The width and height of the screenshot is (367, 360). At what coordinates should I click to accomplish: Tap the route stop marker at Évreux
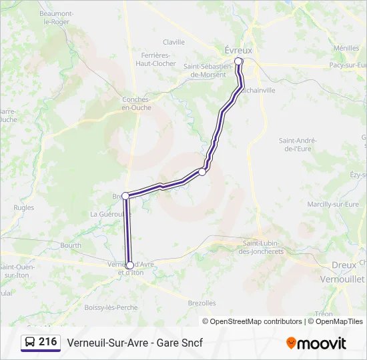point(238,62)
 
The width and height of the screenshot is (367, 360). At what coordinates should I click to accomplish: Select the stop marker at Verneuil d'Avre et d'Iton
point(129,265)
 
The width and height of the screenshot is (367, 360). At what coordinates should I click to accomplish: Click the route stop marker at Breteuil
point(125,196)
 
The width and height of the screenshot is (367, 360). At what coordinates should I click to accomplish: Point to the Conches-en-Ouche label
point(136,103)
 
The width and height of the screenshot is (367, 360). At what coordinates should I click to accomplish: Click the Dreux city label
point(344,265)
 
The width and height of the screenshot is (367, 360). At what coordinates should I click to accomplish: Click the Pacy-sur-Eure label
point(347,65)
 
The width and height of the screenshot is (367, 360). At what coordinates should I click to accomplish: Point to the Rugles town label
point(23,208)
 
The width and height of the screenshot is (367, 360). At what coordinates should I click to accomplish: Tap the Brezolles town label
point(202,303)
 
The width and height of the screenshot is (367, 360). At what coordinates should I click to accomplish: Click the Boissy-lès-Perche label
point(111,307)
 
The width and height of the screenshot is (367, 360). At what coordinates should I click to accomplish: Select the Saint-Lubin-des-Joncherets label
point(262,247)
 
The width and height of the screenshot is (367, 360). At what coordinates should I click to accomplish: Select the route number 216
point(47,342)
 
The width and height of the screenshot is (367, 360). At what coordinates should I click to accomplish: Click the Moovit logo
point(316,343)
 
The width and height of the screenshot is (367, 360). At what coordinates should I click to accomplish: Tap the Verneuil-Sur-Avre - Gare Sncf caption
point(134,343)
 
